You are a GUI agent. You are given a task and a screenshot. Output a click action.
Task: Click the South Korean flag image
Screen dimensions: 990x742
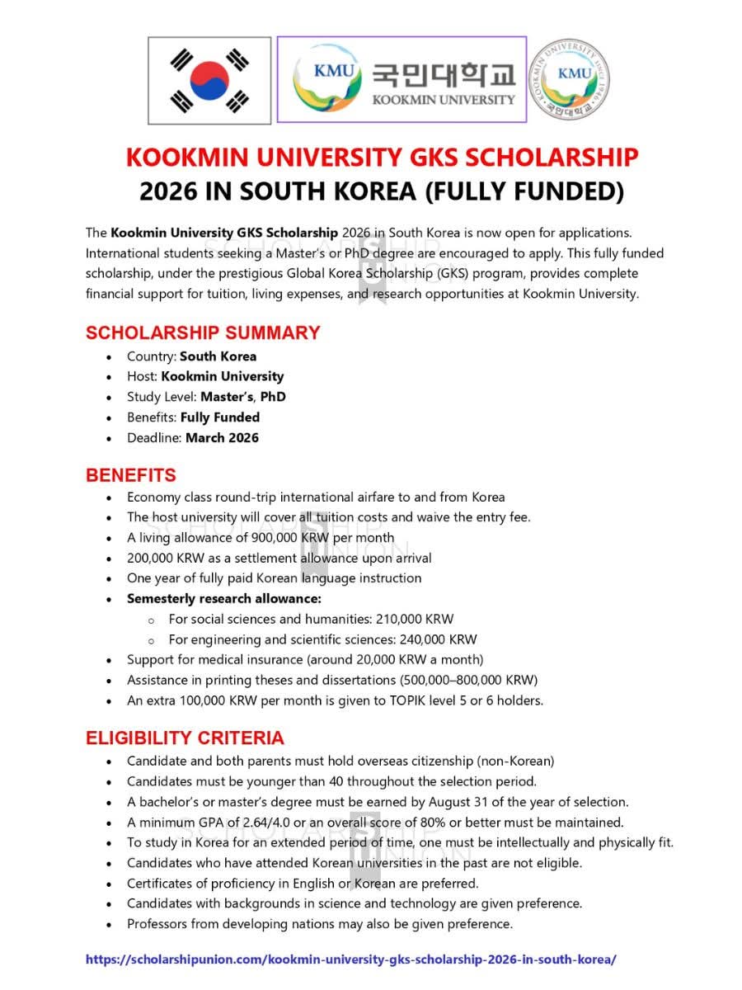tap(209, 81)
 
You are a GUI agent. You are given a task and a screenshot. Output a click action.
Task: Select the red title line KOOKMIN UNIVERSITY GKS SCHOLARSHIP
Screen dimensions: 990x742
tap(382, 157)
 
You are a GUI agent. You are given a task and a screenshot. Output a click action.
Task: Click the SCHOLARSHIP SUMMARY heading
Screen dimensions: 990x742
tap(203, 333)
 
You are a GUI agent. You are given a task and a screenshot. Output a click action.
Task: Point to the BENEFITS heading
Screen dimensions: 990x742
tap(131, 475)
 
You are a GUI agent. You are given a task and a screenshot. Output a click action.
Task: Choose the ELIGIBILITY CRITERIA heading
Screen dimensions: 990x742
tap(185, 738)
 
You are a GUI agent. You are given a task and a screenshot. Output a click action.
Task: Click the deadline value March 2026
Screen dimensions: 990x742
tap(222, 438)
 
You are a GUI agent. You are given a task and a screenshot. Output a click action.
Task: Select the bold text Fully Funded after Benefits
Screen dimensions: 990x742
tap(220, 417)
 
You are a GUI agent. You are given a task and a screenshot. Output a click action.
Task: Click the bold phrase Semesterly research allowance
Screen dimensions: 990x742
tap(224, 598)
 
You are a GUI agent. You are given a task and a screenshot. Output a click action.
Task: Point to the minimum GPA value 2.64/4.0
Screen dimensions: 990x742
tap(241, 823)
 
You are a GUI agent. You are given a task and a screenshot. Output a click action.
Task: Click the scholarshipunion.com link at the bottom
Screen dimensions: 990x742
tap(351, 960)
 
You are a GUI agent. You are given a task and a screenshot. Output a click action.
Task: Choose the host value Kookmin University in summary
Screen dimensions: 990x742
tap(223, 376)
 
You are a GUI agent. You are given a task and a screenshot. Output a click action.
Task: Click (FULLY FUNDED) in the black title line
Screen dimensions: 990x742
tap(524, 191)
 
